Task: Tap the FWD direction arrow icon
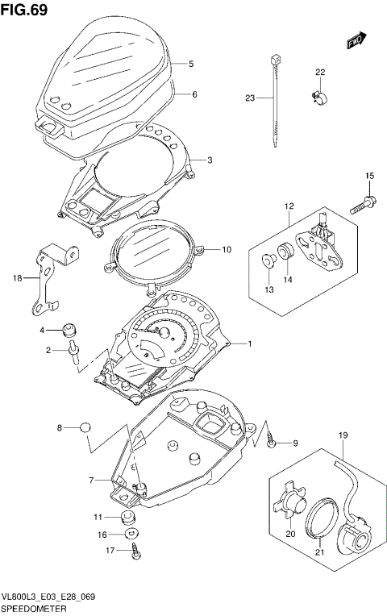pos(354,40)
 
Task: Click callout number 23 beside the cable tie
pos(250,98)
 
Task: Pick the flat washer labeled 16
pos(129,534)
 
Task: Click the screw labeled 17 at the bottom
pos(134,551)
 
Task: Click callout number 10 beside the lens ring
pos(227,249)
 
